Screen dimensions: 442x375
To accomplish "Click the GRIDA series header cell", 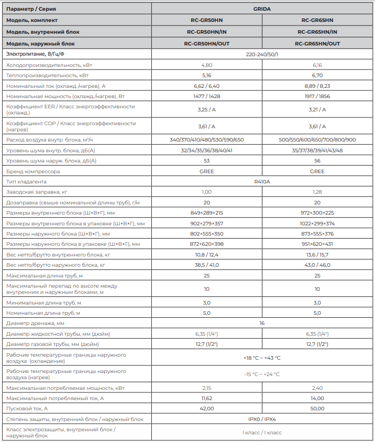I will click(x=262, y=9).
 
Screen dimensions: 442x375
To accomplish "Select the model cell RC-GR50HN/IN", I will click(x=206, y=32).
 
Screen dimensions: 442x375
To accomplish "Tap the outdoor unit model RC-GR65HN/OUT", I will click(x=317, y=43).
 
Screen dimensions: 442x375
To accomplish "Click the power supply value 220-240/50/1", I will click(x=262, y=54).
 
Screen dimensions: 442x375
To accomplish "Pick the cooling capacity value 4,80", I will click(x=206, y=65).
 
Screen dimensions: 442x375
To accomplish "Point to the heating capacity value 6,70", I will click(x=317, y=75).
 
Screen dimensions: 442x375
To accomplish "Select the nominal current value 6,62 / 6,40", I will click(x=206, y=85).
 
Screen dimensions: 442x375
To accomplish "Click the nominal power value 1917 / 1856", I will click(x=317, y=96).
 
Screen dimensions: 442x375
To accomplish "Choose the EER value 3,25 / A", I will click(x=206, y=109).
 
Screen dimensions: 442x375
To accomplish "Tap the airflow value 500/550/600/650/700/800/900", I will click(x=317, y=139).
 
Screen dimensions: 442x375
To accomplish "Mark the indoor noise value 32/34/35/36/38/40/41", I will click(x=206, y=150).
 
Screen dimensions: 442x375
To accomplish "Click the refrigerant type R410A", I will click(x=262, y=181).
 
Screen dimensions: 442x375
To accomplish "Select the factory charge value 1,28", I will click(x=317, y=192).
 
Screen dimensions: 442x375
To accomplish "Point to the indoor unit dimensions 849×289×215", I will click(x=206, y=213).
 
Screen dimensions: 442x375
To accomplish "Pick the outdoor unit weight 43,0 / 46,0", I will click(x=317, y=265).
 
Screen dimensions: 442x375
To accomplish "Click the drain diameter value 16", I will click(x=262, y=323).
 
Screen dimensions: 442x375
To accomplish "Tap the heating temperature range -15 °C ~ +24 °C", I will click(x=262, y=374).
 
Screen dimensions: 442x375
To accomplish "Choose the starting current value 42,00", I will click(x=206, y=408).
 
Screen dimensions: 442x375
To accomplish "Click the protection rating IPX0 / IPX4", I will click(x=262, y=419).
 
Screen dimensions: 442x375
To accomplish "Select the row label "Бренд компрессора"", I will click(x=33, y=171).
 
